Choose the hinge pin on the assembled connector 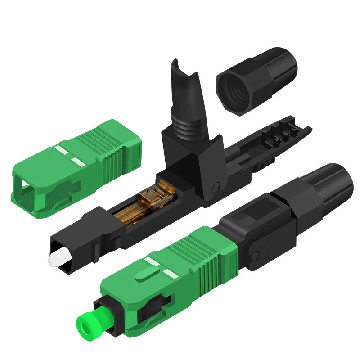click(x=255, y=256)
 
